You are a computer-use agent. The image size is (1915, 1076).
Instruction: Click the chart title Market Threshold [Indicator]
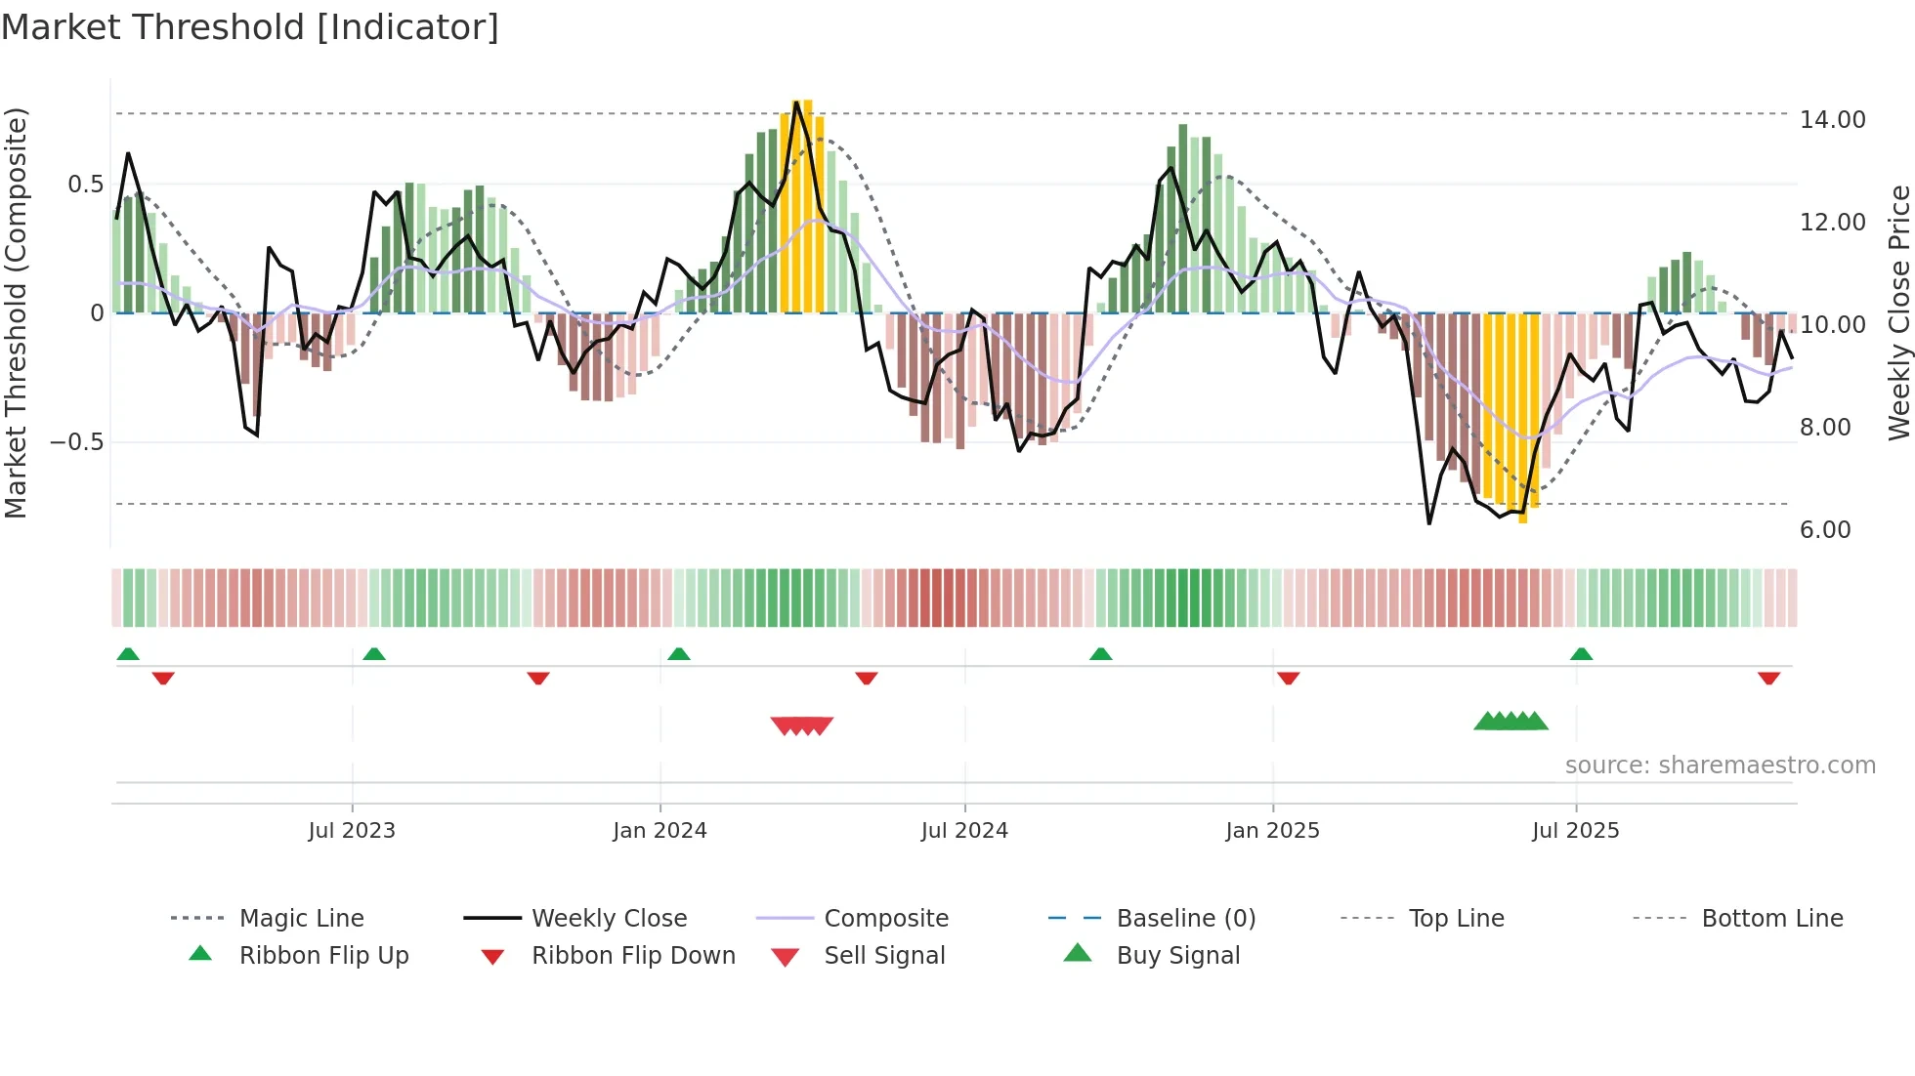[x=250, y=27]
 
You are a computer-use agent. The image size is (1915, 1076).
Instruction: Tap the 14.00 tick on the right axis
[x=1832, y=120]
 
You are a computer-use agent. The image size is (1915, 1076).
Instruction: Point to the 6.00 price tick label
[x=1824, y=530]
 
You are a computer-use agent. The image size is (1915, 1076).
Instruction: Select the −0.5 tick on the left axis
[x=76, y=442]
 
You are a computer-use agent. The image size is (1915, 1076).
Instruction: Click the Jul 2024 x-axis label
[x=963, y=831]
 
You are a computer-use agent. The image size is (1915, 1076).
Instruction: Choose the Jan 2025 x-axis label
[x=1272, y=831]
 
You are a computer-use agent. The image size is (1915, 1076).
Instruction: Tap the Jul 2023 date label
[x=352, y=831]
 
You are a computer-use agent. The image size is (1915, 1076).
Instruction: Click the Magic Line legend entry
[x=301, y=919]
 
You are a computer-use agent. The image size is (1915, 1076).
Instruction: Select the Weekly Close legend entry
[x=609, y=919]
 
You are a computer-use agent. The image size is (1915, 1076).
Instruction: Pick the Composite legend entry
[x=885, y=919]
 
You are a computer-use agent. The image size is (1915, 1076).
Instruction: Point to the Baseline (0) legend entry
[x=1185, y=919]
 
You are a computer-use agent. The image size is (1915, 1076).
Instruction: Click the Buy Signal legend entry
[x=1177, y=956]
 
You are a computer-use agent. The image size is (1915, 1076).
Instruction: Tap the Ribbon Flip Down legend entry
[x=632, y=956]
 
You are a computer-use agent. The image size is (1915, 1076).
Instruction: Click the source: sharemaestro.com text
[x=1720, y=766]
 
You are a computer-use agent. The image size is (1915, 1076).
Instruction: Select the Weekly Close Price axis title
[x=1898, y=312]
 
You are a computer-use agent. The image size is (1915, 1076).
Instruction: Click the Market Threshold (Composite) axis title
[x=16, y=312]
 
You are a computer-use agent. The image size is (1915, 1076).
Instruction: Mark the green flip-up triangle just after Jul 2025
[x=1581, y=654]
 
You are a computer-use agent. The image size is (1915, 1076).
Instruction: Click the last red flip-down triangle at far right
[x=1768, y=678]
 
